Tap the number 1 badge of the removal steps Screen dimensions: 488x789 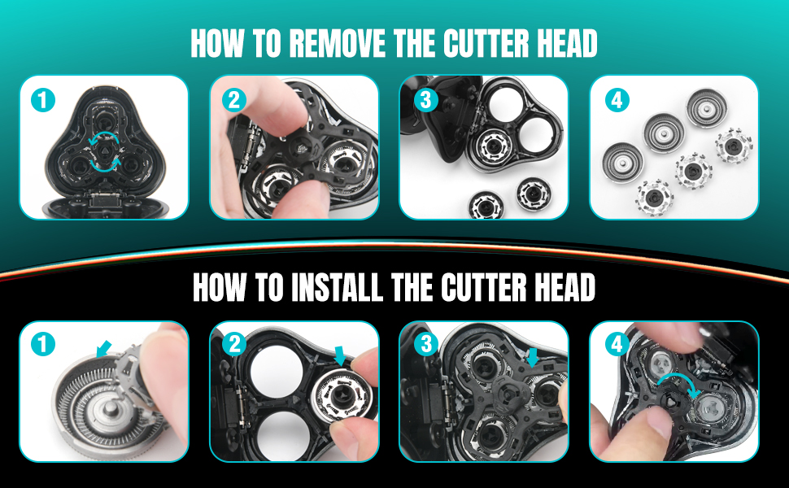(42, 100)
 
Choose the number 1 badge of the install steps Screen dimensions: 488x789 (42, 345)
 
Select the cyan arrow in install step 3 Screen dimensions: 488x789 (533, 356)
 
